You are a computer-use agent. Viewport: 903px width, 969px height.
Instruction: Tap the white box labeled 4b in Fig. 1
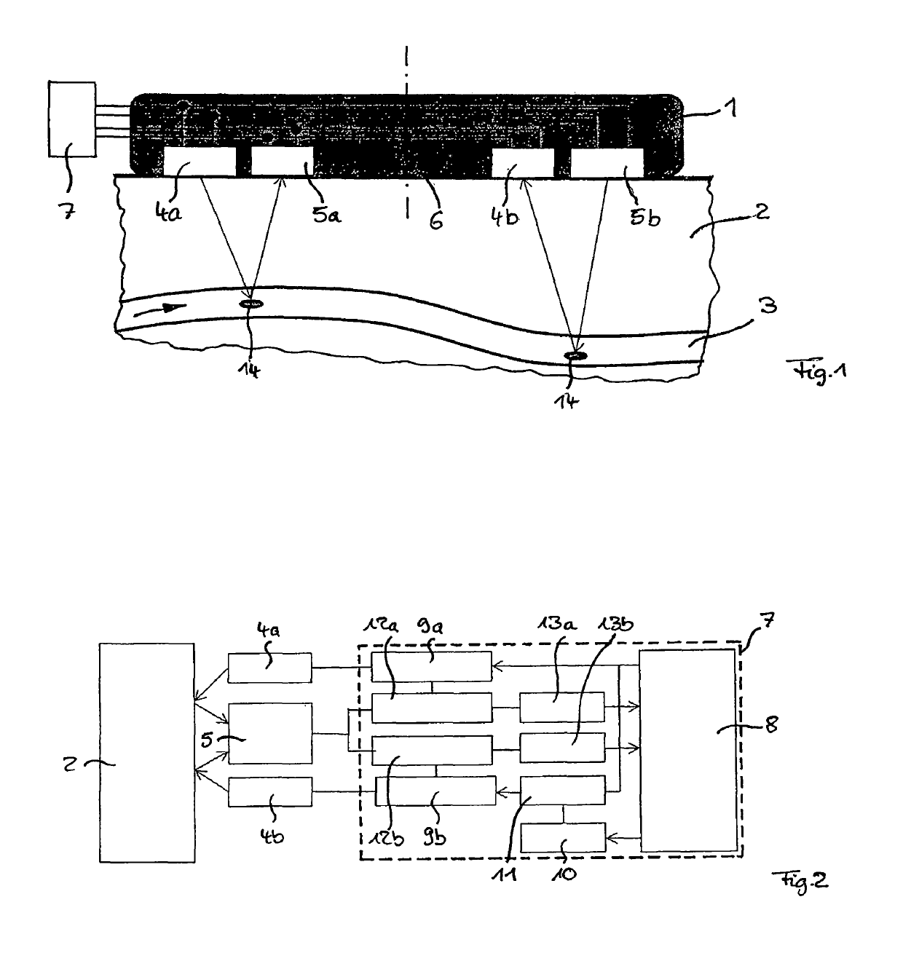[523, 162]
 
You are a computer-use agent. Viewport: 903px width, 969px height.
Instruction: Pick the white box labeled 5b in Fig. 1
[607, 162]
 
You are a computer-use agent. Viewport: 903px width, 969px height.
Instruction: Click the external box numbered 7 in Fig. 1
[71, 119]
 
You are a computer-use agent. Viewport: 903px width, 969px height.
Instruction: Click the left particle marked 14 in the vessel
[251, 304]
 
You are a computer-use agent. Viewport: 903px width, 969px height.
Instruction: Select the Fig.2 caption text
[800, 882]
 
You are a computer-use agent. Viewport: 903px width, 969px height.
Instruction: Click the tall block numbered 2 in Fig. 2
[147, 752]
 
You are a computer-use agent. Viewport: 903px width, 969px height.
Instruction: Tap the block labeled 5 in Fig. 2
[270, 732]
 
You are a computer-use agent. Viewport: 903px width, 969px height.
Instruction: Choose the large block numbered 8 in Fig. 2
[687, 750]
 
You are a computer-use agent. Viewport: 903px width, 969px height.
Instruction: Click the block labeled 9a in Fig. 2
[431, 666]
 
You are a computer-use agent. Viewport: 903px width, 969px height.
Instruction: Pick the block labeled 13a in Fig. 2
[561, 706]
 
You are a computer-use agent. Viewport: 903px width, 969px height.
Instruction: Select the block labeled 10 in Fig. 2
[563, 837]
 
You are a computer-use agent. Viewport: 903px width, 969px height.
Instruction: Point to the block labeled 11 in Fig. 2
[561, 791]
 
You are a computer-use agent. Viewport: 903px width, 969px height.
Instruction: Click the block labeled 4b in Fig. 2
[269, 791]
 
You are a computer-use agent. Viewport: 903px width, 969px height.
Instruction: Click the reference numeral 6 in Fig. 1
[435, 219]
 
